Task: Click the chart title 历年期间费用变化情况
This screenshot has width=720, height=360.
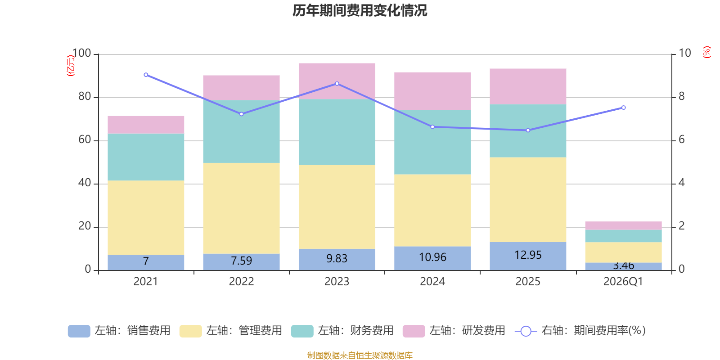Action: [x=360, y=10]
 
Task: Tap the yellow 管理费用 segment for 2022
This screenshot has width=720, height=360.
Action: [x=241, y=208]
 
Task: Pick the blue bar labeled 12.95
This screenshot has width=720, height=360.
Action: [x=528, y=256]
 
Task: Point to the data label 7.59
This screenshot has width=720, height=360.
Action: [x=241, y=261]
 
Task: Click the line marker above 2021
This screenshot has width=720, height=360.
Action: [x=146, y=75]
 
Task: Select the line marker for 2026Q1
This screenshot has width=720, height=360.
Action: [x=623, y=108]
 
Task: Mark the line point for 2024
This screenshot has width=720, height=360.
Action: [x=432, y=127]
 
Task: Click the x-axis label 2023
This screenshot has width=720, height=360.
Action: [x=337, y=282]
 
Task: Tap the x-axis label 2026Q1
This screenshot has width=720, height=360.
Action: [x=623, y=282]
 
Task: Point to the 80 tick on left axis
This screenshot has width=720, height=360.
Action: [x=85, y=97]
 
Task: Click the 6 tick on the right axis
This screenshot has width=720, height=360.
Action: [x=682, y=140]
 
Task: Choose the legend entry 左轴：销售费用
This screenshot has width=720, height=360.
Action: [x=119, y=331]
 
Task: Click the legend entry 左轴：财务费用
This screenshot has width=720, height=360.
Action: [x=342, y=331]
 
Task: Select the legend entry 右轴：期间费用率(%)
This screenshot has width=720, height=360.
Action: [x=580, y=331]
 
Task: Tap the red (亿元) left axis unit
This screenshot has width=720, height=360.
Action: [x=70, y=66]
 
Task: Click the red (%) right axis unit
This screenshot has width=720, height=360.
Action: [x=706, y=52]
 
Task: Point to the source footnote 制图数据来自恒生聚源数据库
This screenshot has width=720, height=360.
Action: [x=360, y=355]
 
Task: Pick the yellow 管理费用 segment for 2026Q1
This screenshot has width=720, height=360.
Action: [x=623, y=252]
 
